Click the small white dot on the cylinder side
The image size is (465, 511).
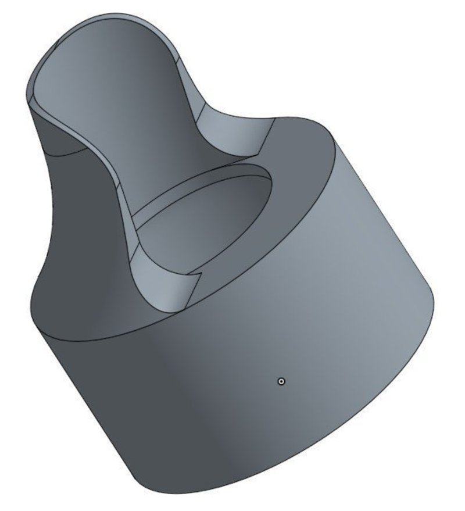pyautogui.click(x=281, y=381)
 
